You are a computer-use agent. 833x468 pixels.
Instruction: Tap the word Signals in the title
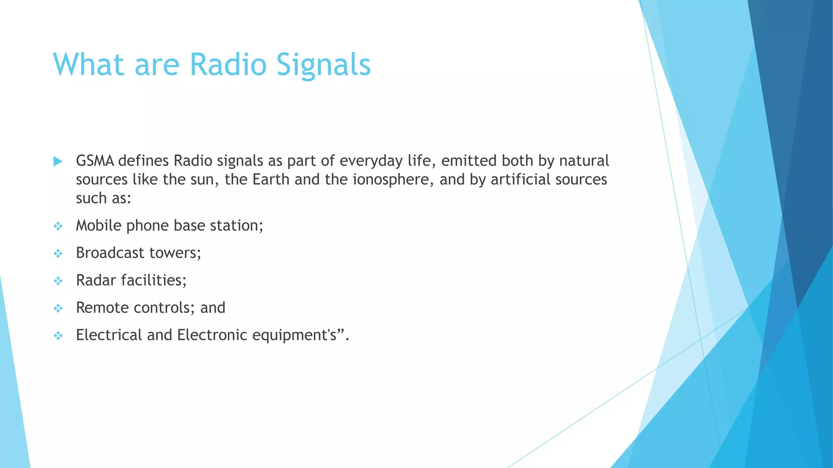(323, 65)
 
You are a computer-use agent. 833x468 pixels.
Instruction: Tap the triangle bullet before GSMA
(58, 161)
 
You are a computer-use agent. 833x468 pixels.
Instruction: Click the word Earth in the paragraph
(271, 179)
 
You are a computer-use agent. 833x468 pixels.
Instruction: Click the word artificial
(521, 179)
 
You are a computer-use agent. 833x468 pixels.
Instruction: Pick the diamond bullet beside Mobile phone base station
(58, 226)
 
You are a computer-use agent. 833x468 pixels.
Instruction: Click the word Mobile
(98, 225)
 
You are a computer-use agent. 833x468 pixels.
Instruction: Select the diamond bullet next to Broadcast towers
(58, 253)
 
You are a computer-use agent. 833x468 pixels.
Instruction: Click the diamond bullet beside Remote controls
(58, 308)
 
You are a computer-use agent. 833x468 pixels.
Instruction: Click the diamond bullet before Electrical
(58, 336)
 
